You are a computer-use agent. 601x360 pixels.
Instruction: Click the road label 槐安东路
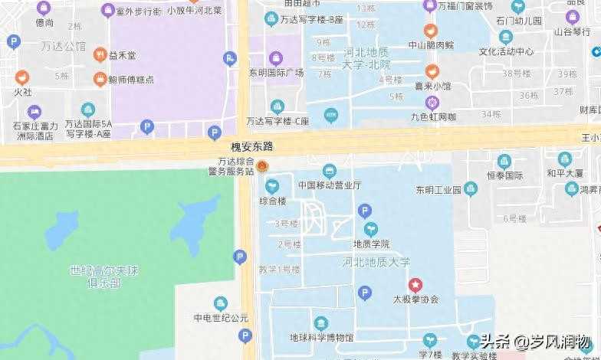pos(253,146)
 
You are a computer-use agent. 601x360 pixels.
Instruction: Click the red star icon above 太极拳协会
pos(415,285)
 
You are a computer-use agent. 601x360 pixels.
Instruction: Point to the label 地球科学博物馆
pos(321,337)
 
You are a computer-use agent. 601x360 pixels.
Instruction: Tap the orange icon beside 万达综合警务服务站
pos(262,166)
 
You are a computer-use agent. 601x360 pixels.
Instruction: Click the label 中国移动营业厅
pos(330,185)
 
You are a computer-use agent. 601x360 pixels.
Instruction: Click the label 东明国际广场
pos(276,73)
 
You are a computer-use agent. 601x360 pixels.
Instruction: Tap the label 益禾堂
pos(122,55)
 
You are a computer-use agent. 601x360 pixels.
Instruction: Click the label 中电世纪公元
pos(221,318)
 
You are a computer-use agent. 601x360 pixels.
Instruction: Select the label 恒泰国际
pos(504,175)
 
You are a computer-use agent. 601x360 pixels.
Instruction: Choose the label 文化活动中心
pos(506,52)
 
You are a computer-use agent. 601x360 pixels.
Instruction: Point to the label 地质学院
pos(371,244)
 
